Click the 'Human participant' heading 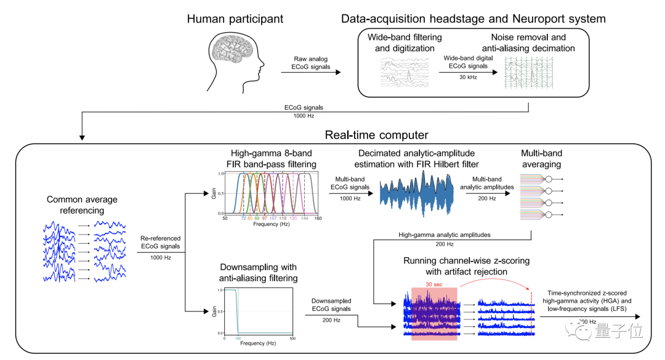236,19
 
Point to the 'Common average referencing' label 83,206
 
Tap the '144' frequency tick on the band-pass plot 305,219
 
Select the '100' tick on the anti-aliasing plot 237,338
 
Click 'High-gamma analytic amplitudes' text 441,234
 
